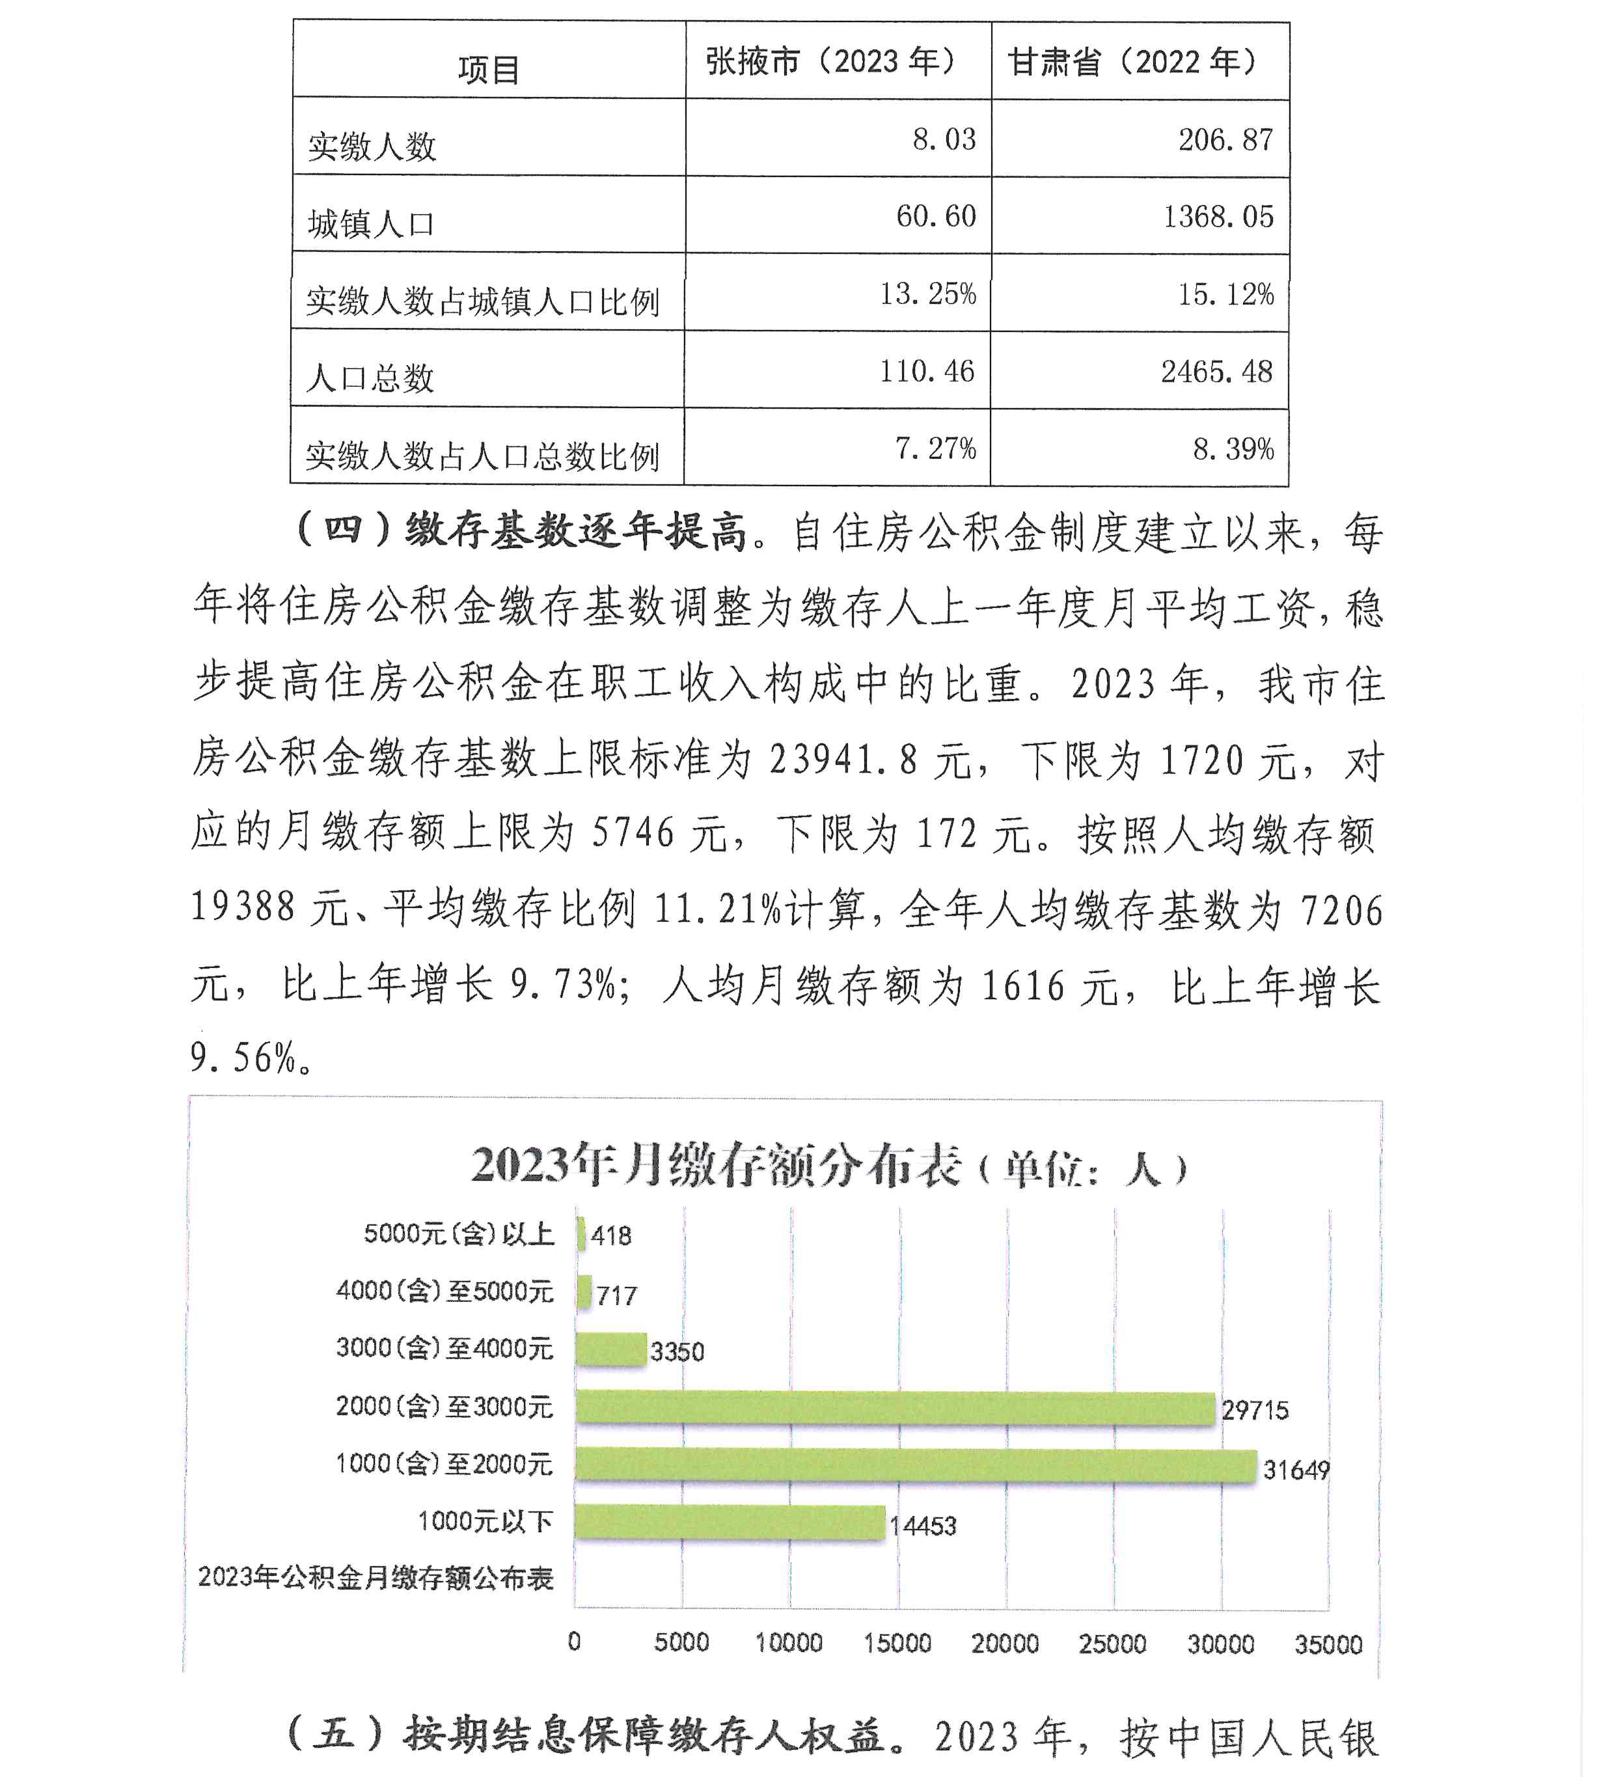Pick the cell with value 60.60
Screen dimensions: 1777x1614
(935, 216)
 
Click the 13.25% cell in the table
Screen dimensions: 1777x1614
(927, 294)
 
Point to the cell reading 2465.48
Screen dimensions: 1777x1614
(1216, 372)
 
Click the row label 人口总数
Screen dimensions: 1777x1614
(370, 378)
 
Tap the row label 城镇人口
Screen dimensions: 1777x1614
(371, 224)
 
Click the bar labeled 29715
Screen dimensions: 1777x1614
(895, 1408)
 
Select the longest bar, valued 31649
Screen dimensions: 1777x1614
(915, 1465)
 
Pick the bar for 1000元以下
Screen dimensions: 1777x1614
(729, 1522)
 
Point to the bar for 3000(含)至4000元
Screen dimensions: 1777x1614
(611, 1349)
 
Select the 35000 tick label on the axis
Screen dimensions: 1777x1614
(1328, 1644)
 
